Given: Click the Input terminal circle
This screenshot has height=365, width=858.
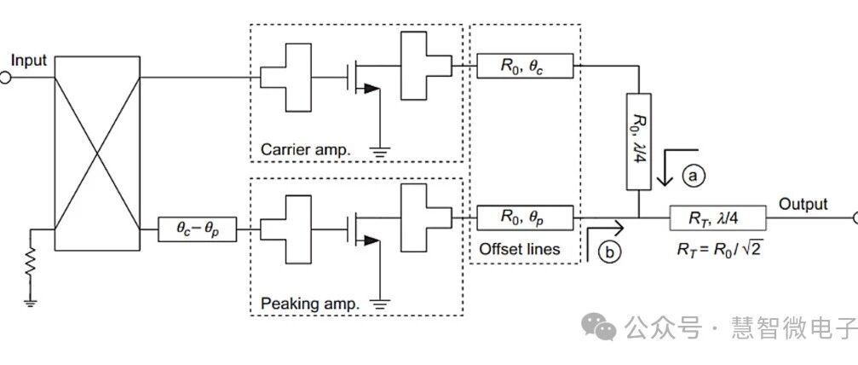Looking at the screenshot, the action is click(4, 78).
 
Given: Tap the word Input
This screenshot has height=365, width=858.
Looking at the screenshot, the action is click(29, 61).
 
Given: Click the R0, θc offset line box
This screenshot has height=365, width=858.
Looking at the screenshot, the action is click(525, 66).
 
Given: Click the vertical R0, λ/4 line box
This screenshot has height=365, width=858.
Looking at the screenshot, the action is click(638, 142).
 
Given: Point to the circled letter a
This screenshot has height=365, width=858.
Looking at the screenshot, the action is click(694, 176).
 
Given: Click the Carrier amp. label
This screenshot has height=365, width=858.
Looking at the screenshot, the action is click(305, 149).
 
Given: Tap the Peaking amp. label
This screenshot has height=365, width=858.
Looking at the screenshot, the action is click(309, 303).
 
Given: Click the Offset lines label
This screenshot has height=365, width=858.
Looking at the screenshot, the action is click(520, 249).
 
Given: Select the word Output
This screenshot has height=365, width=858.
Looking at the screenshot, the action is click(803, 205).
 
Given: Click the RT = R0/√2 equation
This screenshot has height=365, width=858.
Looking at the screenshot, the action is click(720, 249).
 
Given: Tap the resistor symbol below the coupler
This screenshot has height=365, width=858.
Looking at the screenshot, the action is click(31, 263).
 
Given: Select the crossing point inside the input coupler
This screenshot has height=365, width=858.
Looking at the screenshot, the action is click(98, 154).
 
